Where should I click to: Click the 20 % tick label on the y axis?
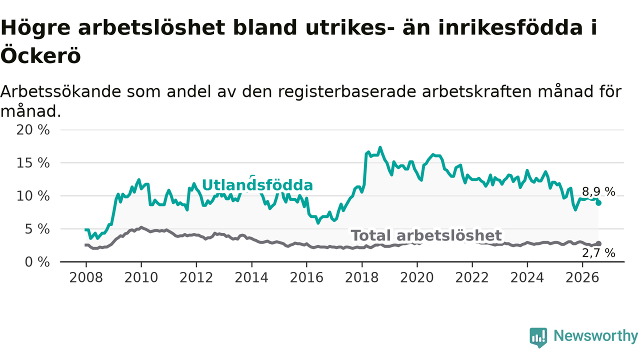coord(33,130)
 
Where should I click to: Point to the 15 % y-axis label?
coord(33,163)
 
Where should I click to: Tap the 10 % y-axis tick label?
coord(33,196)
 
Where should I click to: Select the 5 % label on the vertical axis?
coord(37,229)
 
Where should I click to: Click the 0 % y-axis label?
coord(37,262)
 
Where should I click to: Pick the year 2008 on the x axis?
coord(86,277)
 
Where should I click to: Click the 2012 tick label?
coord(196,277)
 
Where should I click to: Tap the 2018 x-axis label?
coord(361,277)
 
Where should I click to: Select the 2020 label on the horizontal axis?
coord(417,277)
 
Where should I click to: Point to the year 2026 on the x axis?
coord(582,277)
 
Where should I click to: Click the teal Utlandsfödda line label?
coord(257,185)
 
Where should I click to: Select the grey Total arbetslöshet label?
coord(426,235)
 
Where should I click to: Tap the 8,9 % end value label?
coord(598,191)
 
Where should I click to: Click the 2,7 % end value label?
coord(598,253)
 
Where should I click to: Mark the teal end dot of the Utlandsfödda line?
coord(598,203)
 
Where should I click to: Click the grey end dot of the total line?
coord(598,243)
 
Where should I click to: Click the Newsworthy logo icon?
coord(538,337)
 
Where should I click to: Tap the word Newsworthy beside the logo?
coord(595,336)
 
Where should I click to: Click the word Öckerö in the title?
coord(40,55)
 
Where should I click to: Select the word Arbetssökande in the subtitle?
coord(61,91)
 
